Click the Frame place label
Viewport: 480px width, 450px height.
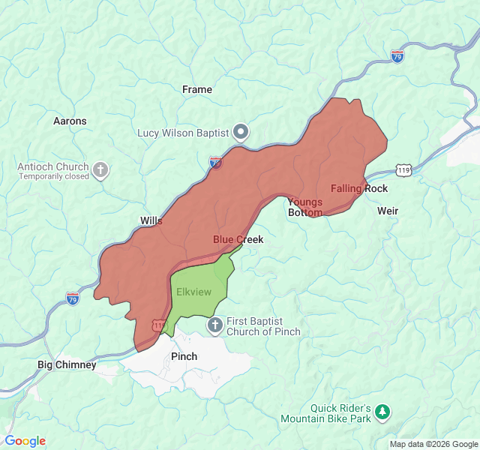(197, 89)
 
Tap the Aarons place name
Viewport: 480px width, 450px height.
(70, 121)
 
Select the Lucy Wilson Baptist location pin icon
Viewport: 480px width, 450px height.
(241, 133)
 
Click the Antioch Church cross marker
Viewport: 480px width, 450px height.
(100, 171)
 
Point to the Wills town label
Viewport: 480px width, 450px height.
(151, 220)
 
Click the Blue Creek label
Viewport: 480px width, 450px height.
(238, 239)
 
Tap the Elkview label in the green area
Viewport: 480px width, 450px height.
(193, 291)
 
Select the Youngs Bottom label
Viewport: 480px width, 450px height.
(305, 207)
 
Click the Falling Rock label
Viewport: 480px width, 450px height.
(359, 188)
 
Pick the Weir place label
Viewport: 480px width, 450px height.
(388, 211)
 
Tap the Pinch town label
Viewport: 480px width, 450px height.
(184, 356)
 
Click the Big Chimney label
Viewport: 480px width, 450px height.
(67, 364)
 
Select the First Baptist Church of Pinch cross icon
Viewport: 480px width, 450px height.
(214, 325)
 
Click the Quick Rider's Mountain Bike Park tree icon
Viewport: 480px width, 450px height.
(382, 412)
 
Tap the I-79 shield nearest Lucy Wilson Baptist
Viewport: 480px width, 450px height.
(215, 162)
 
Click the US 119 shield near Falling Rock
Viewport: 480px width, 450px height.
(404, 171)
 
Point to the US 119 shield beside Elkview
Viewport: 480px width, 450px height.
(159, 325)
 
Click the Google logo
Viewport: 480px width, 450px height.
(25, 441)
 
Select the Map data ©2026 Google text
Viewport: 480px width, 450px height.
(433, 444)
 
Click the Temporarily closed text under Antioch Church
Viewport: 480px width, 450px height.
(54, 176)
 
